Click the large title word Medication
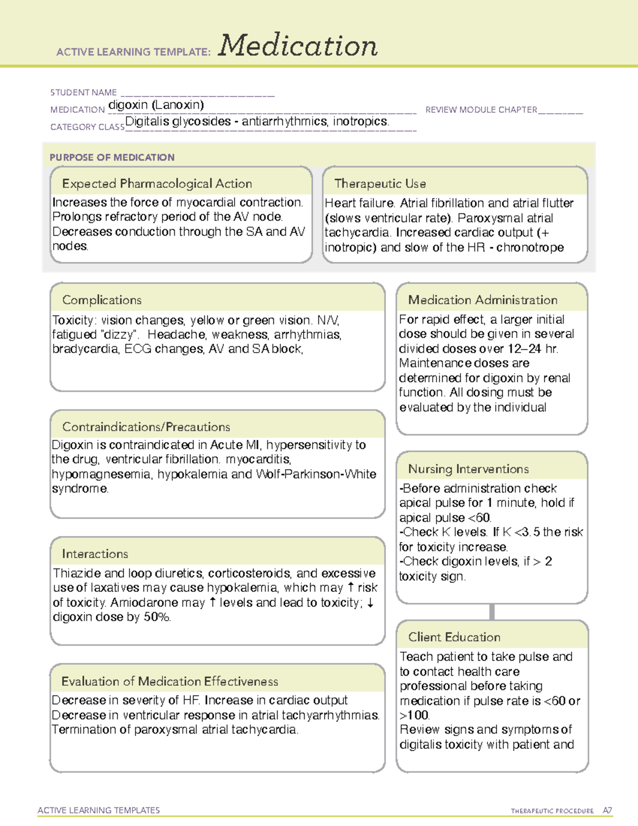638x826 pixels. (x=298, y=46)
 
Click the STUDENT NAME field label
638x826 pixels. (x=83, y=93)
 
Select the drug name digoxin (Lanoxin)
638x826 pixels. (x=156, y=105)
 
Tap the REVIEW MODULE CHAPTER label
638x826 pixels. (x=481, y=110)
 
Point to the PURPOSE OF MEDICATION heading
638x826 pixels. (x=112, y=157)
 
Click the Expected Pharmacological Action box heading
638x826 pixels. (x=157, y=183)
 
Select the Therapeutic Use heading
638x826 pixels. (x=380, y=183)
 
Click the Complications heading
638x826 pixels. (x=102, y=300)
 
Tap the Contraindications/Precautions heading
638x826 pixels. (x=146, y=427)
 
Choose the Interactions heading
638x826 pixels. (x=95, y=554)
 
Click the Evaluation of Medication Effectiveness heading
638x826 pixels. (x=170, y=681)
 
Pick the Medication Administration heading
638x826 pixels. (x=482, y=300)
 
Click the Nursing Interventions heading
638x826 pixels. (x=468, y=469)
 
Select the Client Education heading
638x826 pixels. (x=454, y=637)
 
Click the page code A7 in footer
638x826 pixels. (x=607, y=811)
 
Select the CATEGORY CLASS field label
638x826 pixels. (x=87, y=127)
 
